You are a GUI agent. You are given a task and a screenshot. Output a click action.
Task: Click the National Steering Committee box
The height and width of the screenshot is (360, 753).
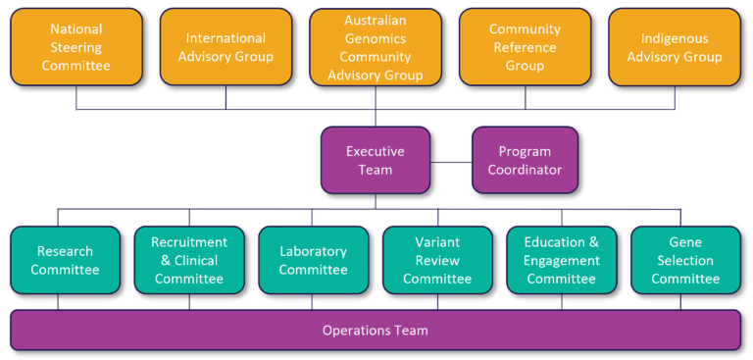point(76,47)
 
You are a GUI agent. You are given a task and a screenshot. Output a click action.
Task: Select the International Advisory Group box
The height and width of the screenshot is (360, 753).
point(226,47)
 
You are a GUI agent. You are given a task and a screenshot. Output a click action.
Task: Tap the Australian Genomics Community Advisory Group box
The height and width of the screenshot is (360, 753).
point(376,47)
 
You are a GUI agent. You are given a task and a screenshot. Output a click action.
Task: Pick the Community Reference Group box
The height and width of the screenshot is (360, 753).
point(525,47)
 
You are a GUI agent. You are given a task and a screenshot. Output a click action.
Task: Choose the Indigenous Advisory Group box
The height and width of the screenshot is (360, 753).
point(675,47)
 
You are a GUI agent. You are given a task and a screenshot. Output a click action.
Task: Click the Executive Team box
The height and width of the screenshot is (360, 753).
point(376,161)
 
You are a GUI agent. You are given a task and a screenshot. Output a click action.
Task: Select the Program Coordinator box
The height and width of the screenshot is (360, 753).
point(525,161)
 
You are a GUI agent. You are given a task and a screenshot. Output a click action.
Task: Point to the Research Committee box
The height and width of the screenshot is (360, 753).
point(66,260)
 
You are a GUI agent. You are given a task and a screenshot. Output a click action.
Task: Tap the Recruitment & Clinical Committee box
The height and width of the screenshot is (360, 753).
point(189,260)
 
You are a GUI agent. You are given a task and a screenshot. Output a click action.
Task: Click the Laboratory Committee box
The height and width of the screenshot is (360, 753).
point(313,260)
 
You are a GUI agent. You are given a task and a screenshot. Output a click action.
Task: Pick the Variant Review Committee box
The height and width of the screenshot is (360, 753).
point(437,260)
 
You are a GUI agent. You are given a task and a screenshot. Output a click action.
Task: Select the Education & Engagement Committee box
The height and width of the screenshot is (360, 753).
point(561,260)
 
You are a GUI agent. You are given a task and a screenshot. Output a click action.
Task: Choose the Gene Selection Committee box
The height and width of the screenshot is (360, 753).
point(685,260)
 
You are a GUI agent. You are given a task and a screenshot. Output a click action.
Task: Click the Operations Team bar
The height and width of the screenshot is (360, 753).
point(376,331)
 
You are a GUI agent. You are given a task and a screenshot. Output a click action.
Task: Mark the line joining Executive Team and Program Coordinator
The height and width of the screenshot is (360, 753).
point(451,162)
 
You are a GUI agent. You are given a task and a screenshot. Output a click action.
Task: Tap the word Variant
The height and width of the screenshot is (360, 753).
point(437,242)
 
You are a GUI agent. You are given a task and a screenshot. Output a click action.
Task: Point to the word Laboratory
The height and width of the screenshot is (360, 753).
point(313,251)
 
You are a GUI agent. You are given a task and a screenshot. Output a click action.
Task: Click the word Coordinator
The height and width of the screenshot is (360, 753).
point(525,170)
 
